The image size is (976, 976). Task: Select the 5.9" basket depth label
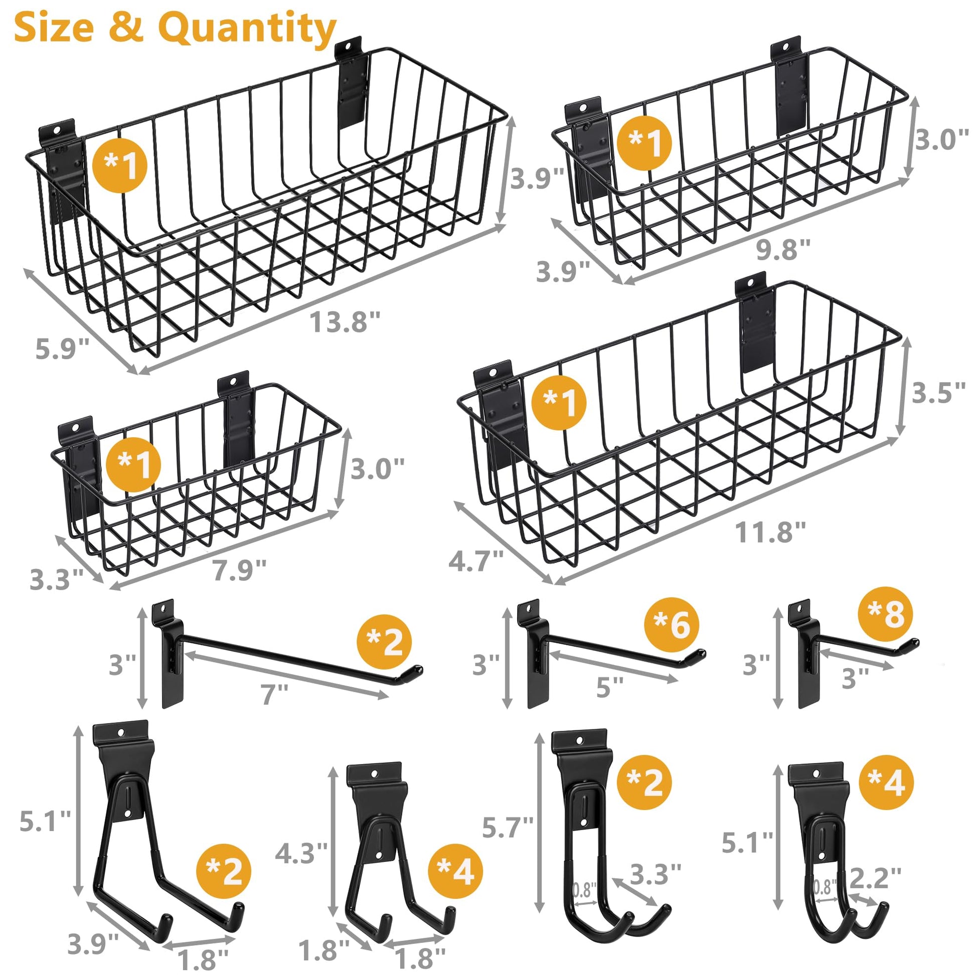[62, 349]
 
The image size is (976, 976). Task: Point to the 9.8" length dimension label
[783, 249]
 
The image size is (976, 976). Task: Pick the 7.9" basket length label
[239, 570]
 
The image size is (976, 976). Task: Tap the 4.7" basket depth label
[476, 561]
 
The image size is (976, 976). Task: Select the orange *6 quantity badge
[672, 624]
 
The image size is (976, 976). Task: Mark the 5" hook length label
[610, 688]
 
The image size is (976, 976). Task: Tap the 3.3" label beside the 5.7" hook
[656, 874]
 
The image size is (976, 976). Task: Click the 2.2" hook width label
[876, 879]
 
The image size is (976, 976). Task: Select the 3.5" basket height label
[938, 393]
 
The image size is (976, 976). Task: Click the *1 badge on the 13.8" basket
[120, 165]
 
